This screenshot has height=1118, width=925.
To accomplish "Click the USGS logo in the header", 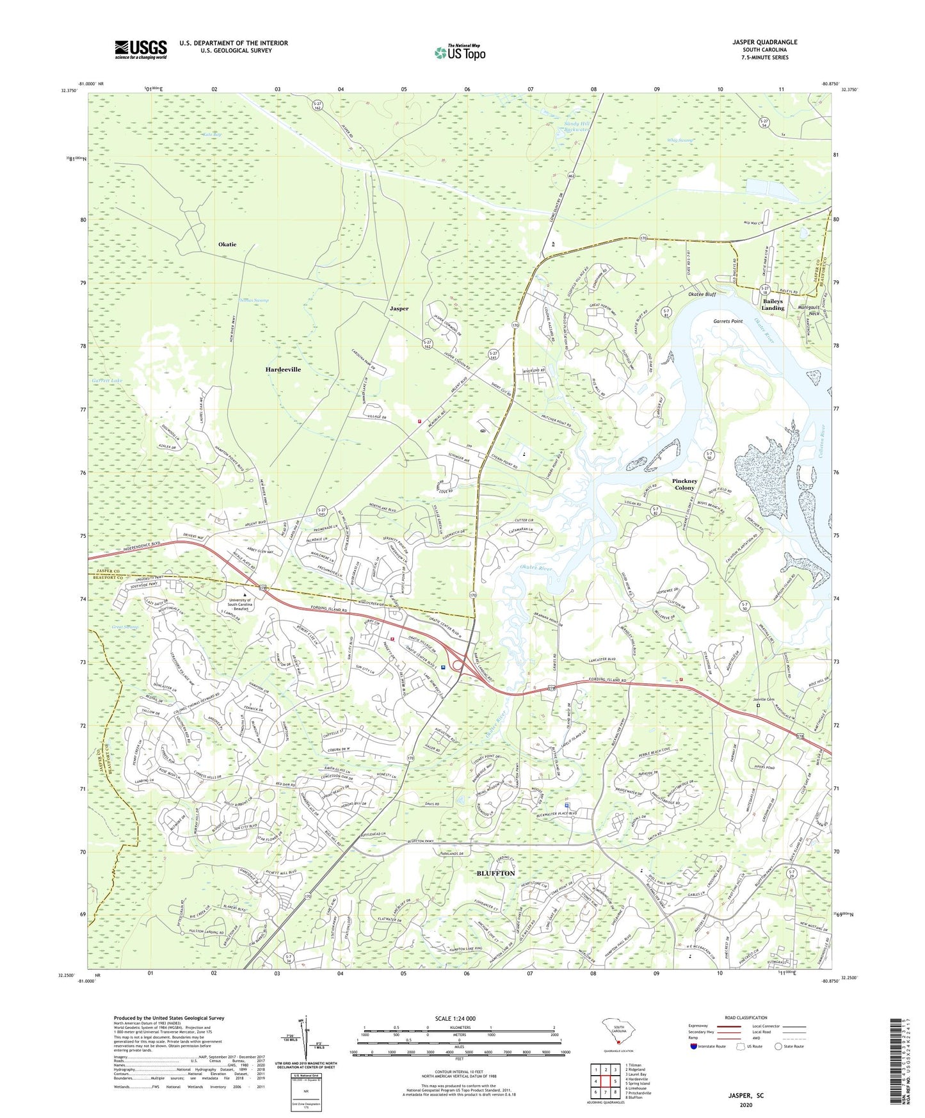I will tap(141, 49).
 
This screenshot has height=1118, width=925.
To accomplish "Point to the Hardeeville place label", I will tap(283, 369).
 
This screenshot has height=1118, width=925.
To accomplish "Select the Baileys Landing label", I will tap(773, 304).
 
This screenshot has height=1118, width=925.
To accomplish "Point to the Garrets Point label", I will tap(728, 321).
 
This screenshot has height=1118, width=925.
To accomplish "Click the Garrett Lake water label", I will tap(106, 380).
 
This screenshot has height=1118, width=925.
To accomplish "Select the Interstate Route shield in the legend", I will tap(693, 1046).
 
